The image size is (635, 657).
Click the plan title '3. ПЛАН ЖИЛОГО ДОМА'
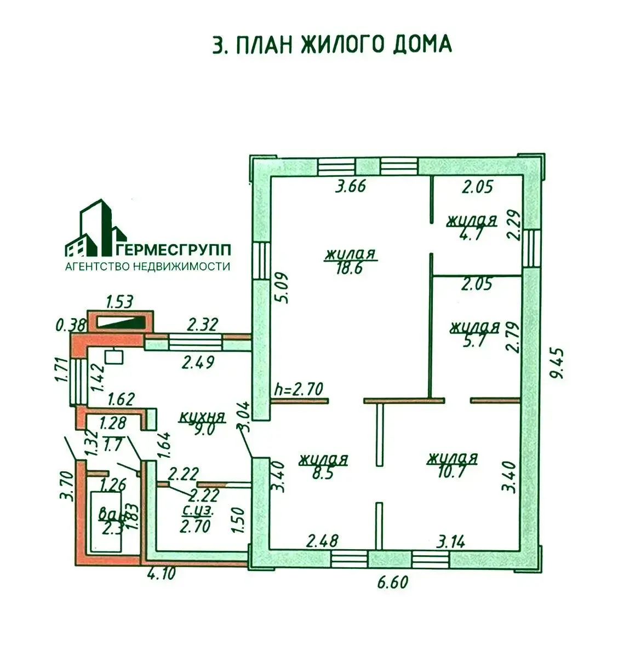332,44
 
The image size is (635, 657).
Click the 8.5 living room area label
323,466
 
